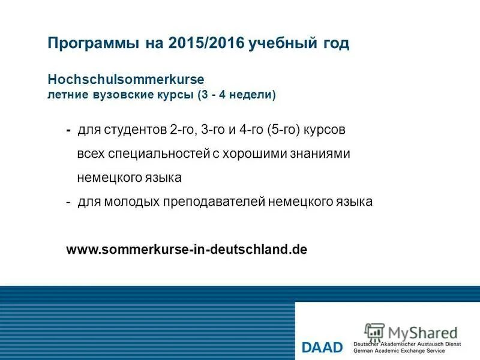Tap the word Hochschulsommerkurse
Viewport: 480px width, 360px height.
pos(126,80)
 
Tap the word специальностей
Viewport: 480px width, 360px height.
pos(158,154)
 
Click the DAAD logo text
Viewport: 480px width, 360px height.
pos(322,347)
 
